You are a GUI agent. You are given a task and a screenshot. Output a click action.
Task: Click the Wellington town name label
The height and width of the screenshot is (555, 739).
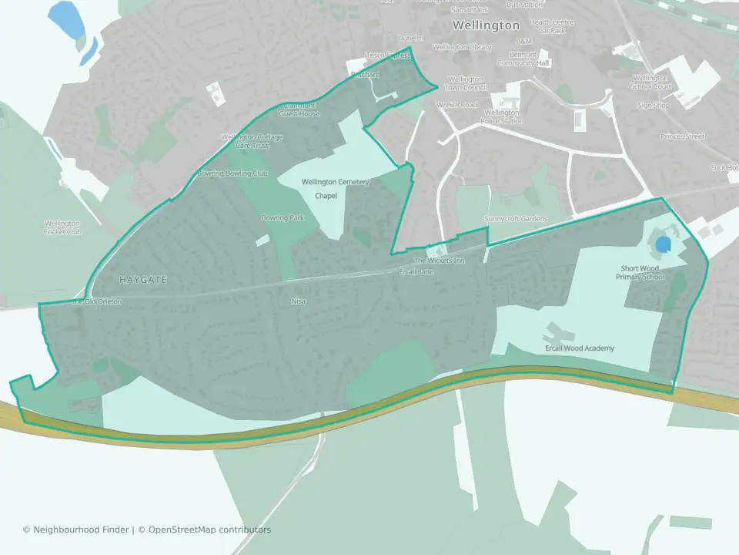[x=486, y=25]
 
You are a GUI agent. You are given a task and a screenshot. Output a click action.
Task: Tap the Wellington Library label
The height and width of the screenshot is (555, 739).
[x=462, y=47]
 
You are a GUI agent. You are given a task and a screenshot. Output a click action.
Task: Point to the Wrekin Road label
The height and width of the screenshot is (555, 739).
[x=458, y=105]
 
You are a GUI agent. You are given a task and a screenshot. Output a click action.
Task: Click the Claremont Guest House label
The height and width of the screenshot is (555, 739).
[x=299, y=109]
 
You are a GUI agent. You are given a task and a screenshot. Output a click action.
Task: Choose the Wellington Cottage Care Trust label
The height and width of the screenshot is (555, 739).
[x=252, y=141]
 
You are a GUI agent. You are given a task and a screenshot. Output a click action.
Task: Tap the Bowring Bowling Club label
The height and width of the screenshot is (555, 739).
[x=232, y=173]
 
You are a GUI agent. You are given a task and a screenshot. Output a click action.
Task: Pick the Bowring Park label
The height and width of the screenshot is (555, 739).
[x=283, y=218]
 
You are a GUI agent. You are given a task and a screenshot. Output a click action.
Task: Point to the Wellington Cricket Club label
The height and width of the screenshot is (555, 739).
[x=62, y=227]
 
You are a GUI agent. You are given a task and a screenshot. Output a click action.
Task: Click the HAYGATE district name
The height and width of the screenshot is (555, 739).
[x=143, y=278]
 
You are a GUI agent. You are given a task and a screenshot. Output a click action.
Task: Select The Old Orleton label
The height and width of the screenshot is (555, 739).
[x=97, y=302]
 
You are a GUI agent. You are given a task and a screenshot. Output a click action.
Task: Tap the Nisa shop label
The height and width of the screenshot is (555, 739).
[x=298, y=301]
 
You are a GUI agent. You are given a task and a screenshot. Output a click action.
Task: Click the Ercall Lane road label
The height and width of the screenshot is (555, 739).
[x=416, y=271]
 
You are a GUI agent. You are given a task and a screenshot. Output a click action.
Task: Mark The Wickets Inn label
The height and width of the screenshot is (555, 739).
[x=440, y=261]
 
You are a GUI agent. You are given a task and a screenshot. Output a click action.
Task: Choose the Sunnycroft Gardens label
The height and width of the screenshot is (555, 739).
[x=516, y=219]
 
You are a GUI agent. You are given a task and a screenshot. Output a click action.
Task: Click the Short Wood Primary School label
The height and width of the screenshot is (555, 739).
[x=642, y=273]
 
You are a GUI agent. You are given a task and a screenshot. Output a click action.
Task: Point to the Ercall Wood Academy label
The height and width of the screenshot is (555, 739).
[x=578, y=348]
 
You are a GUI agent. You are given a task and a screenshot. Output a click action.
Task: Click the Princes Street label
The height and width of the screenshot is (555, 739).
[x=682, y=136]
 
